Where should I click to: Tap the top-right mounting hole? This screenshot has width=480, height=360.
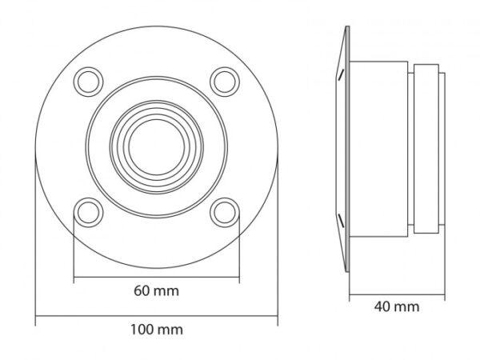(x=225, y=80)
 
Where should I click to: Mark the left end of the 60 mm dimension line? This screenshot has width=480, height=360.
(x=74, y=278)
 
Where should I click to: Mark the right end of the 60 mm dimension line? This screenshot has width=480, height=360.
(x=239, y=278)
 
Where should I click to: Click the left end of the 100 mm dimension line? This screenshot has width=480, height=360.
(x=35, y=318)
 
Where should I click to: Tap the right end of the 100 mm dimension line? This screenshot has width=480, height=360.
(x=278, y=318)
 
